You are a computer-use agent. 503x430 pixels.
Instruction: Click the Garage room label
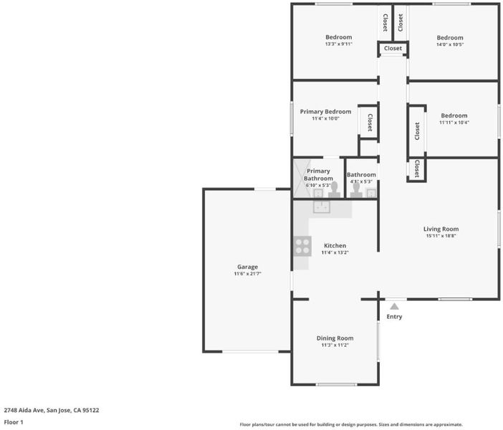[247, 267]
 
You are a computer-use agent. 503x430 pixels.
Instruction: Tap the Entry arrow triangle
[394, 307]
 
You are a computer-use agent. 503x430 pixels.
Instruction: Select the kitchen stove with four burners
[302, 246]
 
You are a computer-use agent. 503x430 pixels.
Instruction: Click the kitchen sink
[322, 207]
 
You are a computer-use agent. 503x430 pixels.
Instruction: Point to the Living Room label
[441, 229]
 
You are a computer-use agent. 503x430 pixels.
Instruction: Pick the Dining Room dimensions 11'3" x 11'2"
[335, 345]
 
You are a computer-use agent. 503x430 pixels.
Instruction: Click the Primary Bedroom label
[325, 112]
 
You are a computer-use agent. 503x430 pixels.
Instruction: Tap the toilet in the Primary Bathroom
[335, 190]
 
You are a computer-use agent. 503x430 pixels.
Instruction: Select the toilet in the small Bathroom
[356, 191]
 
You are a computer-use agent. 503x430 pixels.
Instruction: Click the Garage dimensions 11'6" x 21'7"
[247, 274]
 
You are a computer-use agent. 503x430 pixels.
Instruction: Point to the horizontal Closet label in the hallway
[393, 48]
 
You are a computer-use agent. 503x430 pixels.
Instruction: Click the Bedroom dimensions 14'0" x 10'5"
[450, 44]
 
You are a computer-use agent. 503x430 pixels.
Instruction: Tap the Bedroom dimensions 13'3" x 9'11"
[338, 44]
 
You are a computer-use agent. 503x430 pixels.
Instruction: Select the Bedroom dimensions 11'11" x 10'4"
[454, 123]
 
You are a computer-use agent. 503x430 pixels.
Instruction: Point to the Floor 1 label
[14, 422]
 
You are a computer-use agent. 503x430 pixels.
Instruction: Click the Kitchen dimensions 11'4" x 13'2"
[335, 252]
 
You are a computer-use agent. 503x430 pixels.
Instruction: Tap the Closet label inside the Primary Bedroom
[370, 123]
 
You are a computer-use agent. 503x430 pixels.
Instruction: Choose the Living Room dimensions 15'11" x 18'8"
[441, 236]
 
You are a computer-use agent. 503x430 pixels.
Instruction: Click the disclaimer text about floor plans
[351, 424]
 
